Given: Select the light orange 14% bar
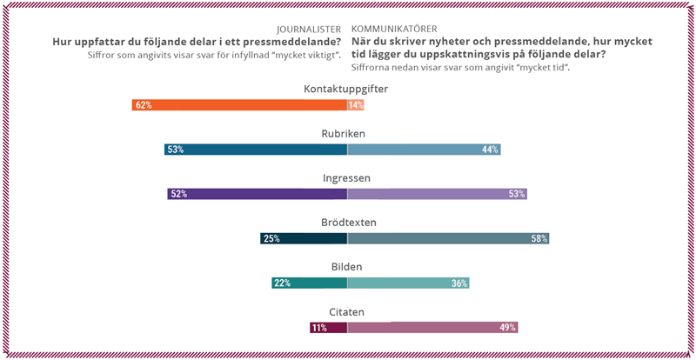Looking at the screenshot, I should [x=356, y=105].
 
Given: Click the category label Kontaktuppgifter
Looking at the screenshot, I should [x=345, y=90].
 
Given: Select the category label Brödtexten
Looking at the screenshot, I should [x=346, y=223].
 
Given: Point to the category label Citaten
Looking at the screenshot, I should [x=346, y=311].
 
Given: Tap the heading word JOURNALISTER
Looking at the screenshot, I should [x=311, y=28].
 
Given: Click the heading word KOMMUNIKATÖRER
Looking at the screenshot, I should [x=394, y=28].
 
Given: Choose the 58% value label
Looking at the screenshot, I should [x=539, y=238].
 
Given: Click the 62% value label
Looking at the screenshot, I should [x=143, y=105].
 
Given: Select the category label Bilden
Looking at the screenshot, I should [x=346, y=267].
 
